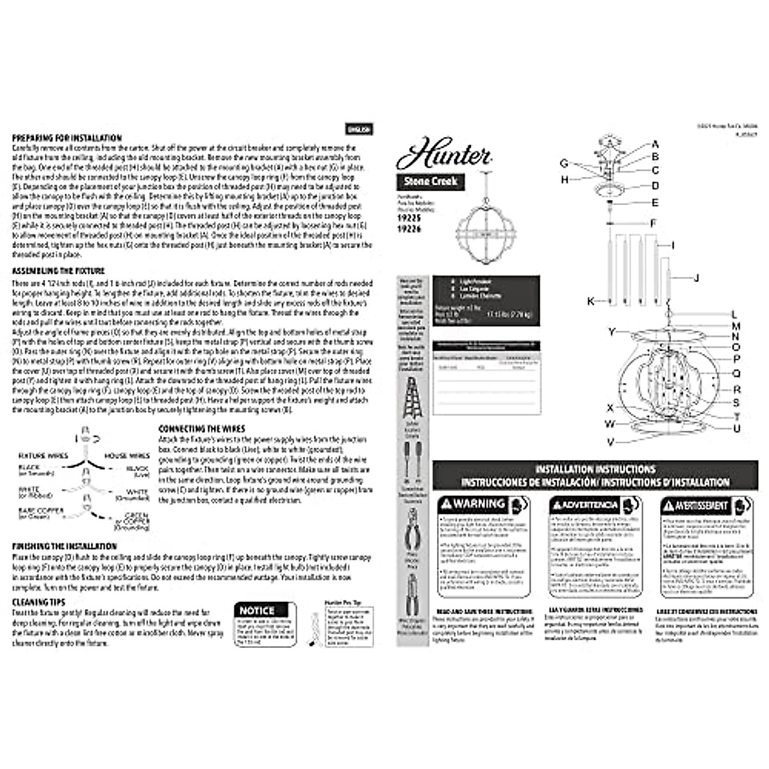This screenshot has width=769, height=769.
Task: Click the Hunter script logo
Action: point(443,154)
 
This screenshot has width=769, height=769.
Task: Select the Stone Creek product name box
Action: point(431,181)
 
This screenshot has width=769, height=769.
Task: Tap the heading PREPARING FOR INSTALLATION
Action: point(67,138)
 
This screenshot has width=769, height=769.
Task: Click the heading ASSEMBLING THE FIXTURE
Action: point(58,271)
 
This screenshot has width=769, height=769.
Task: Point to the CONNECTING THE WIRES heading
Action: point(201,429)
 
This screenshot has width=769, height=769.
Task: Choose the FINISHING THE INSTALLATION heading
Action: point(64,546)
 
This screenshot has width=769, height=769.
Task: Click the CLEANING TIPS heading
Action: point(38,602)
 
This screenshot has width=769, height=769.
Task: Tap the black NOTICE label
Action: point(257,611)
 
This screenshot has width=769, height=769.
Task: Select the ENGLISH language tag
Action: point(358,129)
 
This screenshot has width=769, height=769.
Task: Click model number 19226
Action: point(409,227)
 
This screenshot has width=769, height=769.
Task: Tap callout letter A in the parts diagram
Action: point(656,144)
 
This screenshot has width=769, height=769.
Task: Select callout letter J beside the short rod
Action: point(696,277)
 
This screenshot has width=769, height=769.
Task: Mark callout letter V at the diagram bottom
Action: point(611,442)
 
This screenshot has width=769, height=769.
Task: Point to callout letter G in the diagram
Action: point(564,163)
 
